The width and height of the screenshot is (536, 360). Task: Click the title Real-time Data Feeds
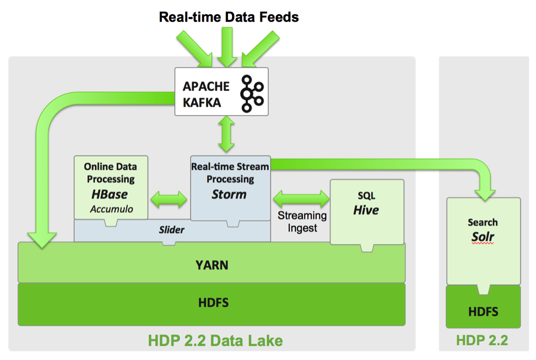229,17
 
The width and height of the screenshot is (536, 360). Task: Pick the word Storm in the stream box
229,194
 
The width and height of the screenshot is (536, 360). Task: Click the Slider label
172,229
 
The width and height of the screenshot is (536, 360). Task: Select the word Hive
366,209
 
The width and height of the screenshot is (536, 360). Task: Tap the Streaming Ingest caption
302,221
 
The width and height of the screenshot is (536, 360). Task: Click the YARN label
212,265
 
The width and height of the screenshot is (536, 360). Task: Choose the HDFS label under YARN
212,302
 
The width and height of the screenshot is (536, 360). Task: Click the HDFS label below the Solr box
483,311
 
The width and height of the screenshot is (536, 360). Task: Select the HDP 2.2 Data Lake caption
215,341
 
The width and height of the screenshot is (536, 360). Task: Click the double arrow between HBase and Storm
169,198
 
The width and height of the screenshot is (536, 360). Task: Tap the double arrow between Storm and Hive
300,197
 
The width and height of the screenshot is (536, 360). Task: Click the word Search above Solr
483,222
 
